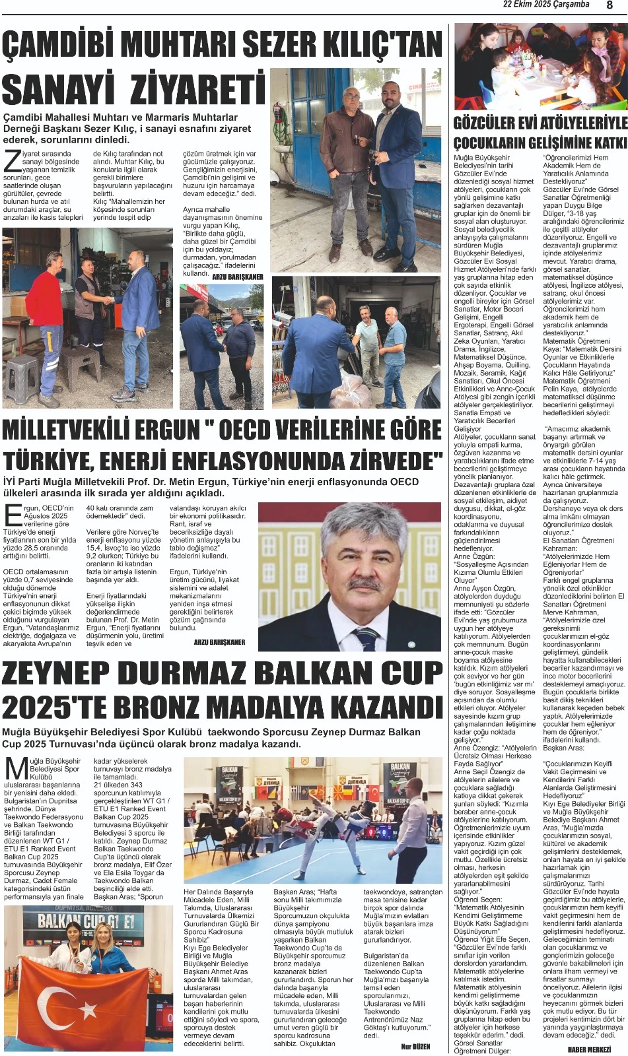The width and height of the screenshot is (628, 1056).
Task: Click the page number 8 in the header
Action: coord(609,5)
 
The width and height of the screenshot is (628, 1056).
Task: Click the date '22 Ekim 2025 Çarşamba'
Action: coord(546,5)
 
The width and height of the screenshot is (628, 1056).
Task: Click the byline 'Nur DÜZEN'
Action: coord(415,1047)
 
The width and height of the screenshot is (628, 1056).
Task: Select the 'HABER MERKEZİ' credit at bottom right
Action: coord(589,1049)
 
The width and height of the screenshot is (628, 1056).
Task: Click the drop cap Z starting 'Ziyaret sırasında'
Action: coord(11,160)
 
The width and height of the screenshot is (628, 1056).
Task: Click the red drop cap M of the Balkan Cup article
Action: coord(15,770)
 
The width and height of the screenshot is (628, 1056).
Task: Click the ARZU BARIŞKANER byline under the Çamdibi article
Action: coord(237,277)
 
